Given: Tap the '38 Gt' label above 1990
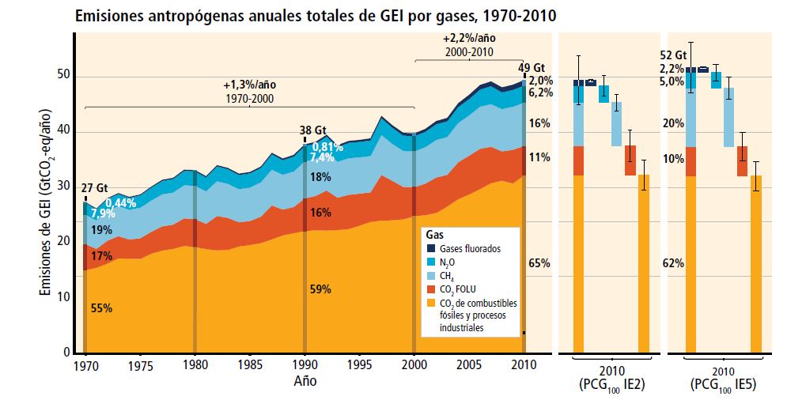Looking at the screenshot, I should click(312, 130).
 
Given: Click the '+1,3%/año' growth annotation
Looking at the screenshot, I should click(250, 85).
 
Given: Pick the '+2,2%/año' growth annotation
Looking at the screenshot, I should click(469, 38).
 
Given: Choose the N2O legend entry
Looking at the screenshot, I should click(448, 262).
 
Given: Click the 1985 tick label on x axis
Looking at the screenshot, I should click(249, 366).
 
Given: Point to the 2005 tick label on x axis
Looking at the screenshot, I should click(468, 366).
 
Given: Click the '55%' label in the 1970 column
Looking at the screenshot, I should click(102, 308).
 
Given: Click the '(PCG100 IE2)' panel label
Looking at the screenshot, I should click(611, 385).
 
